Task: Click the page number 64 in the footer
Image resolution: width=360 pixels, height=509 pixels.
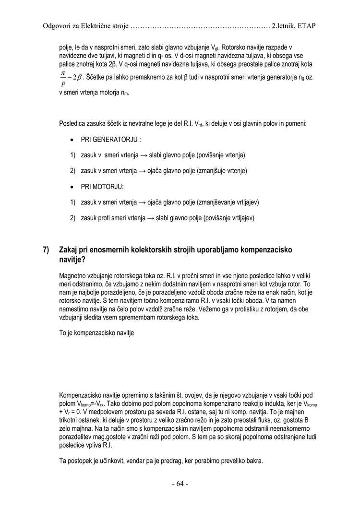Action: [180, 484]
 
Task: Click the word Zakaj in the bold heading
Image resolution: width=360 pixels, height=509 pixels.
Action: [69, 250]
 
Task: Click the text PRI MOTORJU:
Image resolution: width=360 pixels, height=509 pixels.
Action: [102, 186]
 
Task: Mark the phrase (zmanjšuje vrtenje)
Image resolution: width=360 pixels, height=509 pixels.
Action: [222, 170]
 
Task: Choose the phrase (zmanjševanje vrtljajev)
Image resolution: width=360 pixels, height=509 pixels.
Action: [228, 202]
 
